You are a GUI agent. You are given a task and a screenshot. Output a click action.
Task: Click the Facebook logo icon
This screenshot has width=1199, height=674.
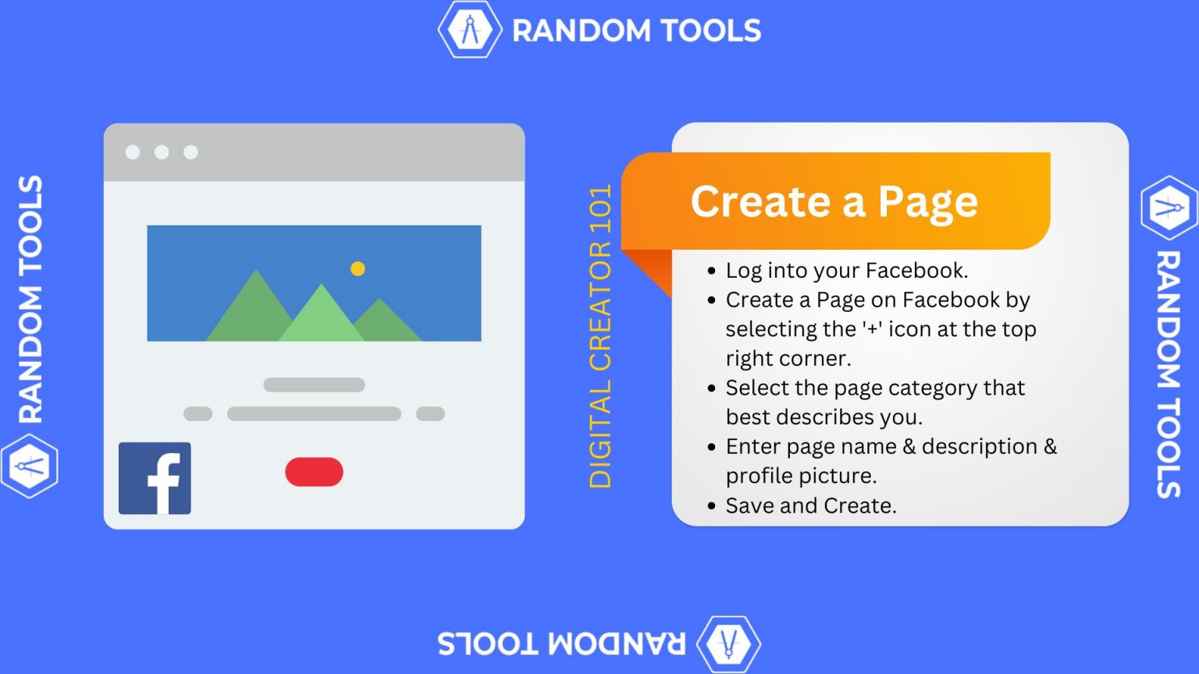point(155,478)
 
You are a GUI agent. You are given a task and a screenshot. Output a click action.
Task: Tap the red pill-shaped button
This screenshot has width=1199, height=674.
point(314,472)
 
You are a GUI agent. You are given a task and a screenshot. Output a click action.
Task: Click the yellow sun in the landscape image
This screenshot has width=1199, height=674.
point(358,268)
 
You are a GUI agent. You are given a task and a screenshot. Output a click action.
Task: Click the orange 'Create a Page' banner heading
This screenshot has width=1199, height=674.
point(834,201)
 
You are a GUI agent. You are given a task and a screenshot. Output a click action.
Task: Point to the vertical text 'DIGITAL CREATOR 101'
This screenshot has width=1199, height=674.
point(600,336)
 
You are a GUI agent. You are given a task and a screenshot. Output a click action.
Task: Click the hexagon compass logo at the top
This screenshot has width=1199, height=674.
point(469,30)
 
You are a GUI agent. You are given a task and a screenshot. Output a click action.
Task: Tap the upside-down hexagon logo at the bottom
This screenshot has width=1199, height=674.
point(728,644)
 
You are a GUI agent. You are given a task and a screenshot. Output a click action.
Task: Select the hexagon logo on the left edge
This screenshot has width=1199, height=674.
point(30,466)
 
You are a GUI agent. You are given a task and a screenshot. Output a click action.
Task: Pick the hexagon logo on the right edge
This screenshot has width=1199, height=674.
point(1169,208)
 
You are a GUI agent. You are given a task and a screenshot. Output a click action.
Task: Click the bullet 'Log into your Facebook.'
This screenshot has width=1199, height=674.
point(846,270)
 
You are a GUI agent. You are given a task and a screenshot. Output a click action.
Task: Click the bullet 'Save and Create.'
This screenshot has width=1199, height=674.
point(810,505)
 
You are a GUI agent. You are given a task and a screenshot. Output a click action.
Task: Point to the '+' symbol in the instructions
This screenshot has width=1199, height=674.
point(872,329)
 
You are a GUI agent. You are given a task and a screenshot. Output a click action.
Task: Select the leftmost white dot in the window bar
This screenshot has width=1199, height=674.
point(133,152)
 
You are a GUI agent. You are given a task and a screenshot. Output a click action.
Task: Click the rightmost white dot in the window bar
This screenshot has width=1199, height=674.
point(190,152)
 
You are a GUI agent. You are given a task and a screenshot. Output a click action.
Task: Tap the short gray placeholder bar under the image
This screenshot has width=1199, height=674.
point(314,385)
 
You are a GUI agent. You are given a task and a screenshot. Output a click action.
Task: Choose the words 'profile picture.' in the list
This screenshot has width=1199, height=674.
point(800,476)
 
